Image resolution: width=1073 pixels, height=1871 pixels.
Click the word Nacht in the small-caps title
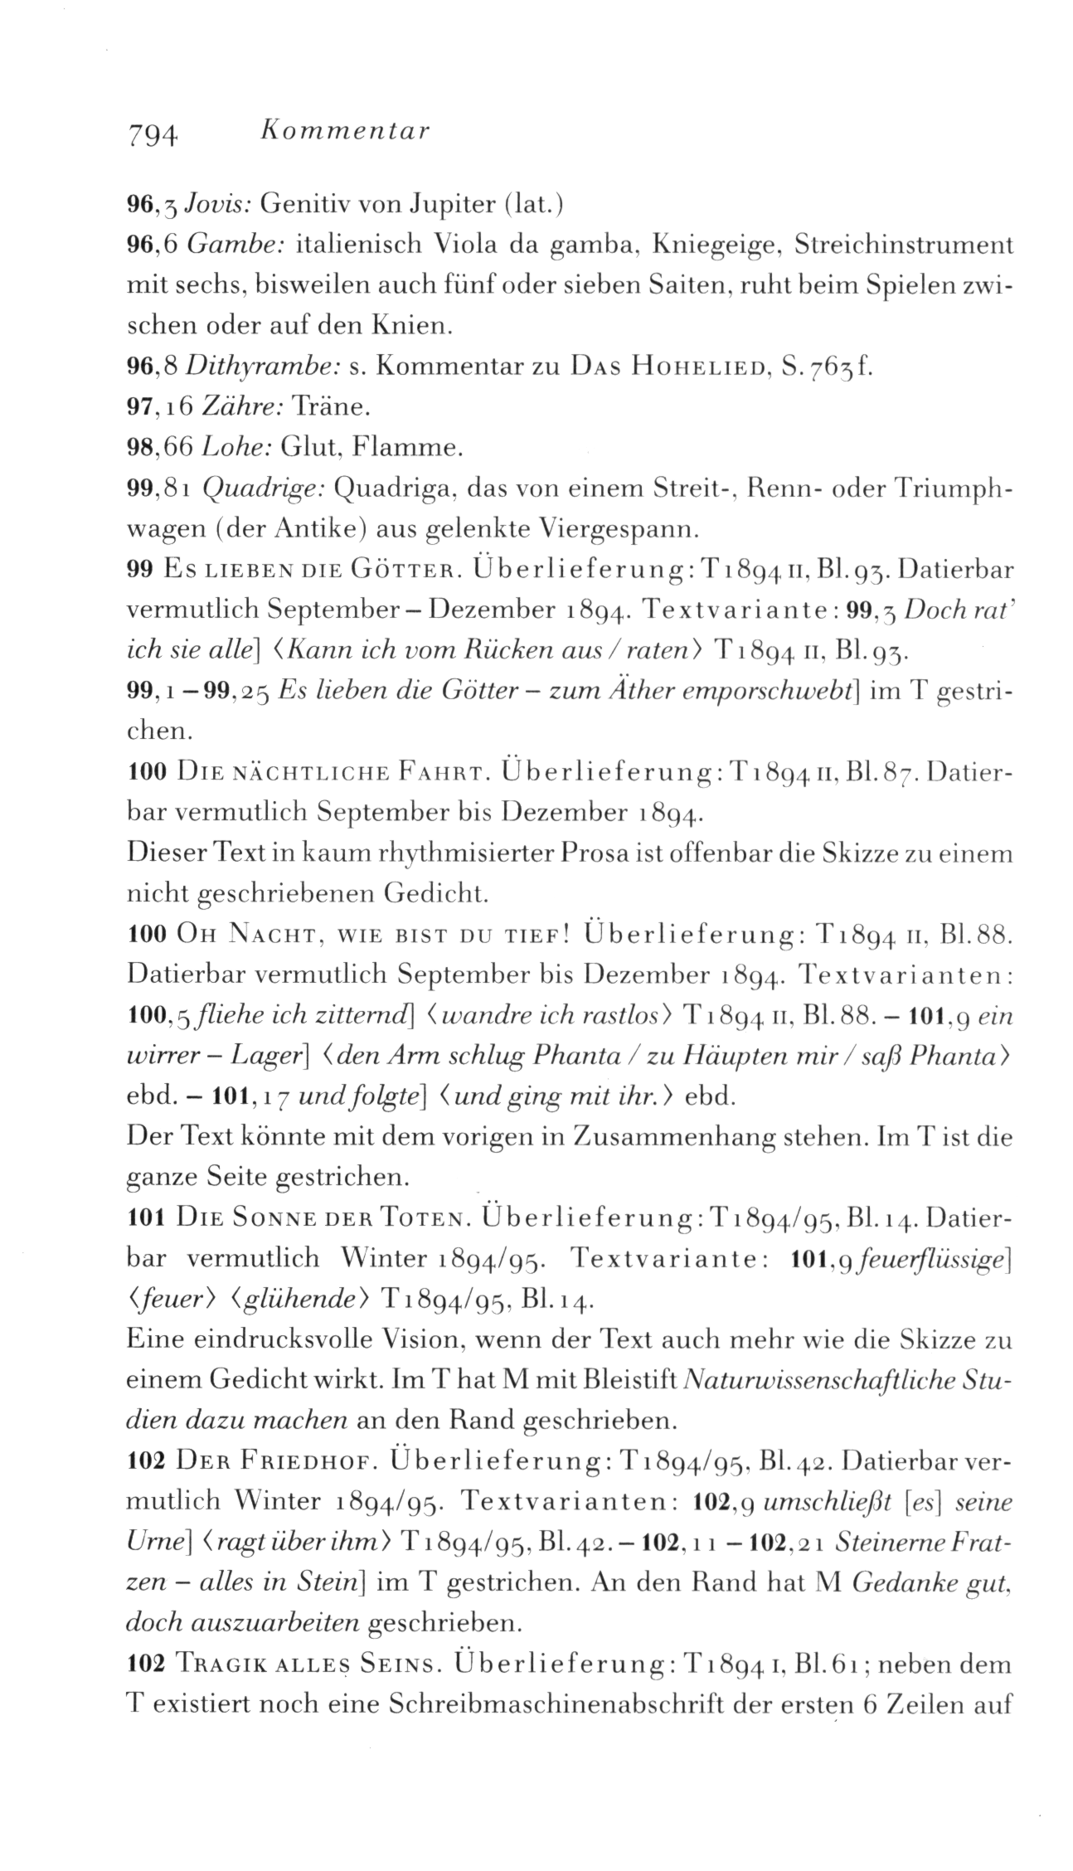click(x=258, y=935)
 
